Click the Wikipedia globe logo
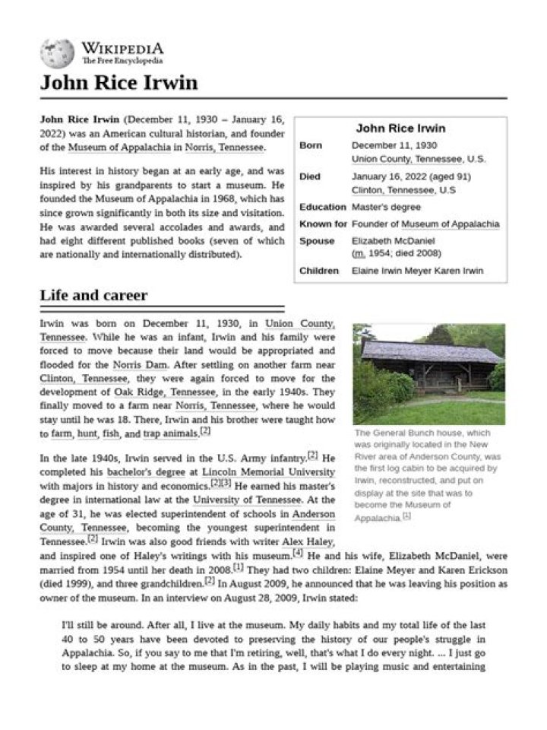click(x=57, y=54)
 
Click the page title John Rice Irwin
click(x=119, y=82)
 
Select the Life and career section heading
click(x=93, y=295)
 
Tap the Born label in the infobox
click(x=310, y=145)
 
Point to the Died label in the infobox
click(x=309, y=176)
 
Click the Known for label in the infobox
click(x=323, y=224)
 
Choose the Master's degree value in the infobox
click(x=386, y=207)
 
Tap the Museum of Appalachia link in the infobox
click(x=450, y=224)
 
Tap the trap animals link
click(x=171, y=433)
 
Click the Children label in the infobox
click(x=319, y=271)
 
